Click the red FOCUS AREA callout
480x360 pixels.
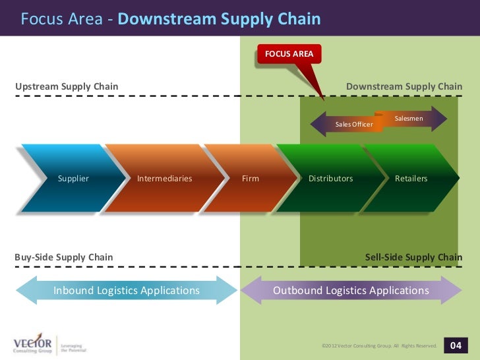(x=289, y=53)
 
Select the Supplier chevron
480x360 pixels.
(x=73, y=178)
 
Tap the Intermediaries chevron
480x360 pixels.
(x=164, y=178)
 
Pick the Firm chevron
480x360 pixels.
(x=251, y=178)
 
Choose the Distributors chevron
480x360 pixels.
(x=330, y=178)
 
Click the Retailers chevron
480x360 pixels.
(x=411, y=178)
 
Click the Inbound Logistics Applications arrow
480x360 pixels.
(x=126, y=290)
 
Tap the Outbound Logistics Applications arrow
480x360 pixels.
(x=351, y=290)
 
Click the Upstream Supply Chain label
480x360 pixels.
(x=67, y=86)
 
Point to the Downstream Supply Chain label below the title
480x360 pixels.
(x=404, y=86)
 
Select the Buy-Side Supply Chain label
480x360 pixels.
(x=64, y=257)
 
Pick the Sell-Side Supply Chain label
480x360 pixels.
(x=413, y=257)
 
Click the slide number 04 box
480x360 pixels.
(x=456, y=345)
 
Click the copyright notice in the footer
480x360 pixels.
(x=379, y=345)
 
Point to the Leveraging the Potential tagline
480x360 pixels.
(x=74, y=347)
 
